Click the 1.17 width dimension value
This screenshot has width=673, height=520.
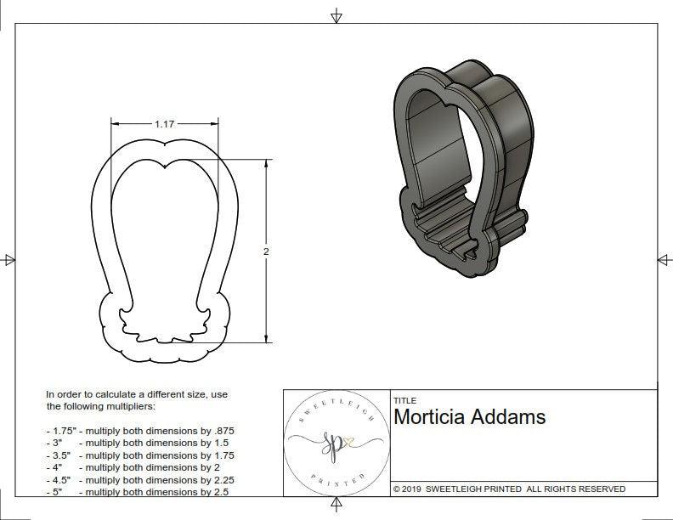164,124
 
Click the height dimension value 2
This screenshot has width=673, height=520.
267,252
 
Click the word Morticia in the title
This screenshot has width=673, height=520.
432,417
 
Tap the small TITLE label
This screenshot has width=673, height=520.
404,400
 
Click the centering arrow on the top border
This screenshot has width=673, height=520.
336,14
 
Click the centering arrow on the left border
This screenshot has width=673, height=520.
9,259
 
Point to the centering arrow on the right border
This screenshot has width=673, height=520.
664,259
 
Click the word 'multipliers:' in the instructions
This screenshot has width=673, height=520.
143,407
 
